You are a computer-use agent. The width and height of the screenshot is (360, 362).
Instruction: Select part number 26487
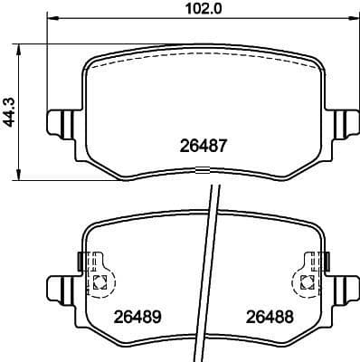[x=205, y=144]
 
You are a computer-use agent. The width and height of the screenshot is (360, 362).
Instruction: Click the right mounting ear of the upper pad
[x=343, y=121]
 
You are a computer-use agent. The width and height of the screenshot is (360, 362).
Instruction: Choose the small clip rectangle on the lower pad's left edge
[x=83, y=261]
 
